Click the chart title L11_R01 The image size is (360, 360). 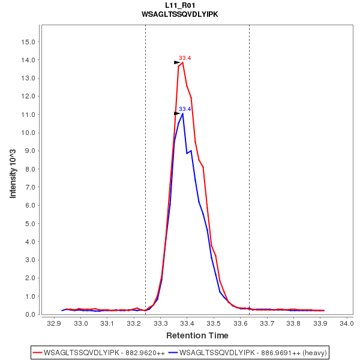(x=179, y=5)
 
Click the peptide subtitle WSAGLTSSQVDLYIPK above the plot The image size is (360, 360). (x=179, y=14)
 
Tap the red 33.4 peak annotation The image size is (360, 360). (x=185, y=58)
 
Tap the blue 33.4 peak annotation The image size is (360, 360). (x=185, y=109)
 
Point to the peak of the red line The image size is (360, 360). (x=182, y=62)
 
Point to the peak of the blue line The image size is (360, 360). (x=182, y=113)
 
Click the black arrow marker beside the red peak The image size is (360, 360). (x=177, y=62)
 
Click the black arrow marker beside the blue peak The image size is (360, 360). (x=177, y=113)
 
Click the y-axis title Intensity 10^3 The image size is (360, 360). (x=13, y=170)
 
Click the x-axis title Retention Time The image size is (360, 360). (x=197, y=335)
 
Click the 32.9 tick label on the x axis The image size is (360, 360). (x=55, y=324)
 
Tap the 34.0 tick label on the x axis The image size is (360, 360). (x=346, y=324)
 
